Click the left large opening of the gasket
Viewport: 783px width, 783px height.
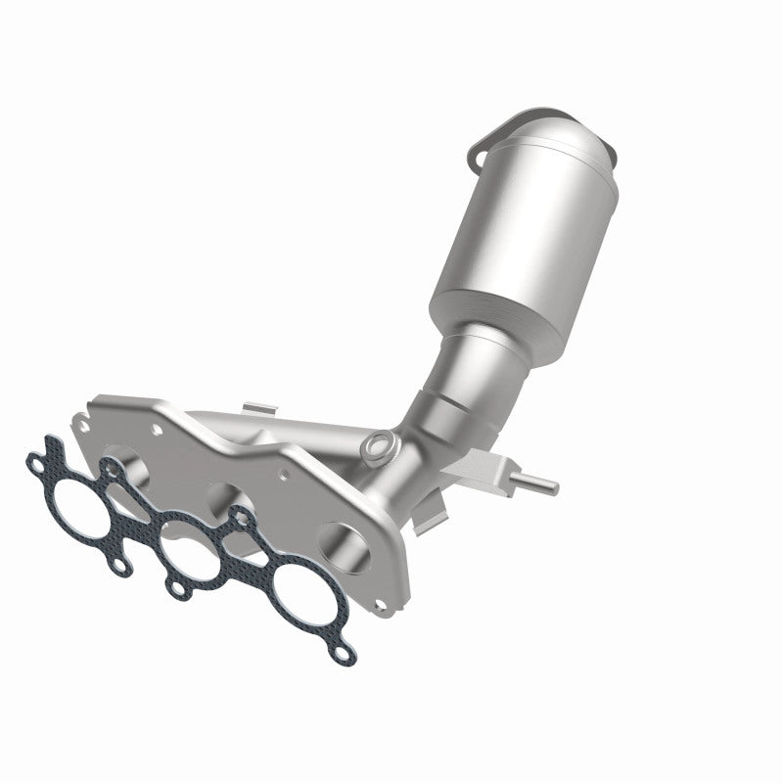coord(81,493)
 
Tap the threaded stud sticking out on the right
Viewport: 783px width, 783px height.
coord(539,483)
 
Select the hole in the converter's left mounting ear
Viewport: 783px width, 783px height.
coord(478,153)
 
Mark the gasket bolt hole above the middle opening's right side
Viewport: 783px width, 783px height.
coord(239,515)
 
